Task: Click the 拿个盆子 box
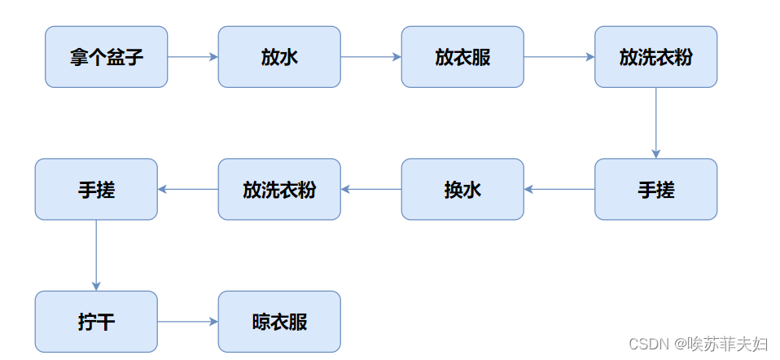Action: click(x=106, y=57)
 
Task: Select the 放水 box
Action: click(x=279, y=57)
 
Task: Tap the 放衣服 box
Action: click(x=462, y=57)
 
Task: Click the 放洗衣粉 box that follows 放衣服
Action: click(x=655, y=57)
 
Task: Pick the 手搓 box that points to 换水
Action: click(x=655, y=189)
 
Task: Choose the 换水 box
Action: click(x=462, y=189)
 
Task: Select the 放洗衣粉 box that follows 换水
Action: click(x=279, y=189)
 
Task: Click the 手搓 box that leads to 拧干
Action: click(x=96, y=189)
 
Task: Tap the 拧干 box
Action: click(x=96, y=322)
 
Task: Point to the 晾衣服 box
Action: click(x=279, y=322)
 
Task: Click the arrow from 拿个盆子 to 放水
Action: click(x=193, y=57)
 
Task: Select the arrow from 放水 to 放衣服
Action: click(x=370, y=57)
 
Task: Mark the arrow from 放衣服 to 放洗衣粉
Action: click(x=559, y=57)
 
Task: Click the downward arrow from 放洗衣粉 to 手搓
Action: click(x=655, y=122)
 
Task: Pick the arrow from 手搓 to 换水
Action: click(x=559, y=189)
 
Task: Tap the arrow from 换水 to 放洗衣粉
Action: click(x=370, y=189)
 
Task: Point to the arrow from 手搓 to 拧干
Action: click(x=96, y=255)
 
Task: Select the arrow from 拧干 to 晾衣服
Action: click(x=188, y=322)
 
